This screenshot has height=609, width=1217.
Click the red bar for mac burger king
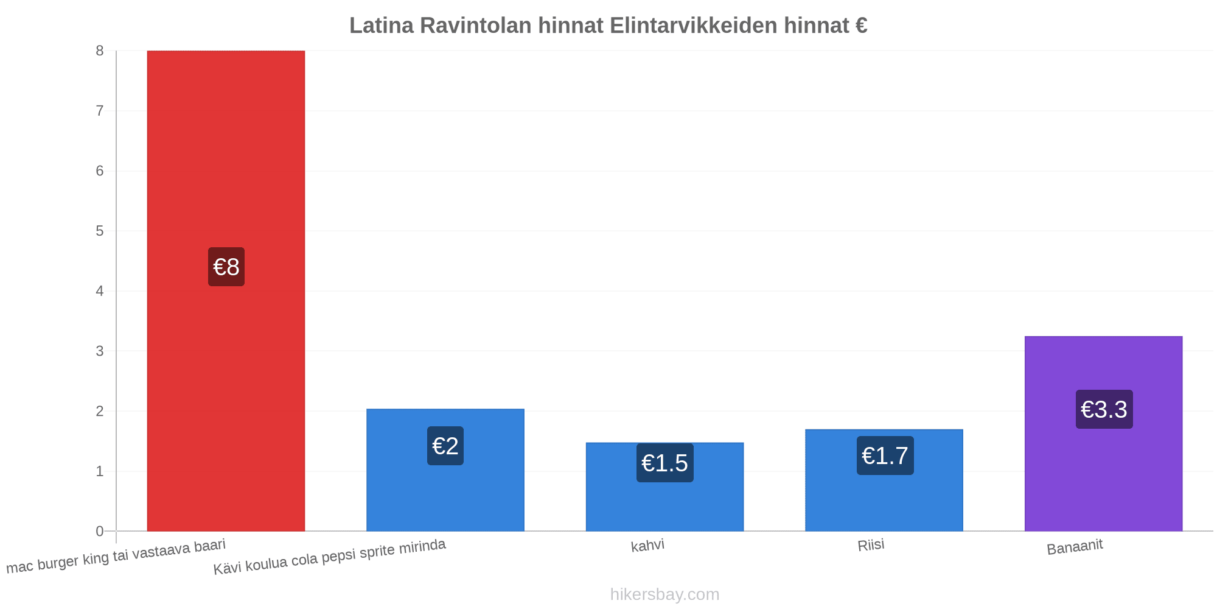(x=226, y=291)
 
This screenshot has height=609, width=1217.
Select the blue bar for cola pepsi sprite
(x=445, y=470)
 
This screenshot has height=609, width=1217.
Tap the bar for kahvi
(x=664, y=487)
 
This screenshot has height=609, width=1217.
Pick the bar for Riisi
(x=884, y=480)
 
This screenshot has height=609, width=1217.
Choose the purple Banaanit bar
(x=1104, y=434)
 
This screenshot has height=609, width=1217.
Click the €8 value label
(x=226, y=267)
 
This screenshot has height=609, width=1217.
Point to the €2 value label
(x=445, y=446)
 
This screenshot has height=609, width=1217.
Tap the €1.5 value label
(x=665, y=463)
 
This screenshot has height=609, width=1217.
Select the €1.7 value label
(x=885, y=456)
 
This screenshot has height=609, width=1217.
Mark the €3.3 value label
(x=1104, y=409)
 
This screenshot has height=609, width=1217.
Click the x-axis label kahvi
(x=647, y=545)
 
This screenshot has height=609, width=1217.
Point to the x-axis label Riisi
(x=871, y=545)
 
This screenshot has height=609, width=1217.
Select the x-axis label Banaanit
(x=1075, y=547)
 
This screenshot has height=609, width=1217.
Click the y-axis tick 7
(x=100, y=111)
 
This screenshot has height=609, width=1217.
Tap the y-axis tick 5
(x=100, y=231)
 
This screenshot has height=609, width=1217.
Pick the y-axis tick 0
(x=100, y=531)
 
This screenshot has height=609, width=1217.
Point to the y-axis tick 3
(x=100, y=351)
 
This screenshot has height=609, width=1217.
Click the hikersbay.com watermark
(x=664, y=594)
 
